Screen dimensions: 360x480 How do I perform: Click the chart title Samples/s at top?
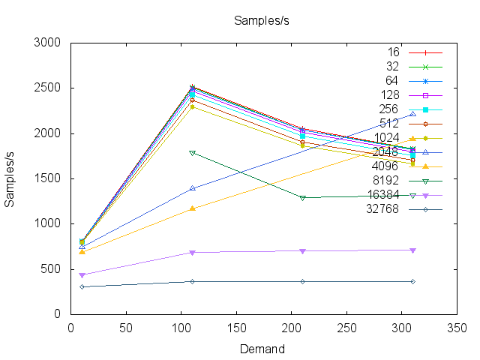[262, 20]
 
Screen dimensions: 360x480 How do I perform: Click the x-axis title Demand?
[262, 349]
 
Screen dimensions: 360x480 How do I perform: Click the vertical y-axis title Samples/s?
[11, 178]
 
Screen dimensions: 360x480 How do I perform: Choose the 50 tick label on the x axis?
[126, 328]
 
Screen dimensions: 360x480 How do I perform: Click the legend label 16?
[393, 52]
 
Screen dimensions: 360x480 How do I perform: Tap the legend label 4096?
[385, 166]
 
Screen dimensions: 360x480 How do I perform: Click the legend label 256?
[388, 109]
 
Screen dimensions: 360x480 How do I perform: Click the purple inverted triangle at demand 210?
[302, 251]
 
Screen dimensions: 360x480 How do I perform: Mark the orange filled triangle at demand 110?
[193, 208]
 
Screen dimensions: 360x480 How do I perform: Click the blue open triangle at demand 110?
[193, 188]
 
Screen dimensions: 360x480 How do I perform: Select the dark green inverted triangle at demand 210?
[302, 198]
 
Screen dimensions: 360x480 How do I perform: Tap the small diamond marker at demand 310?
[412, 281]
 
